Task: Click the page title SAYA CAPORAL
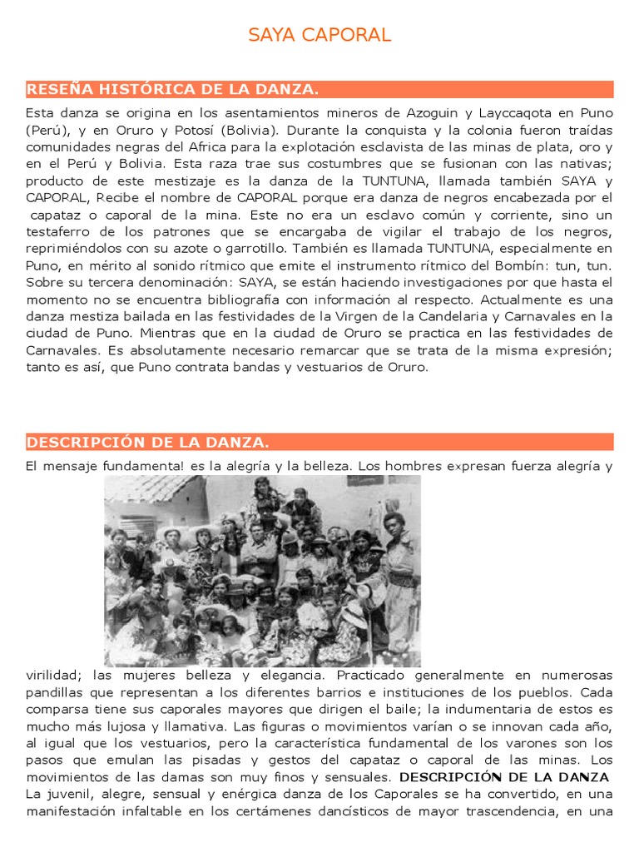pyautogui.click(x=319, y=35)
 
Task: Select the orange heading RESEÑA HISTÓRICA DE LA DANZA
pyautogui.click(x=173, y=89)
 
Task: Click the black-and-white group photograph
pyautogui.click(x=262, y=572)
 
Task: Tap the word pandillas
pyautogui.click(x=54, y=691)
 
